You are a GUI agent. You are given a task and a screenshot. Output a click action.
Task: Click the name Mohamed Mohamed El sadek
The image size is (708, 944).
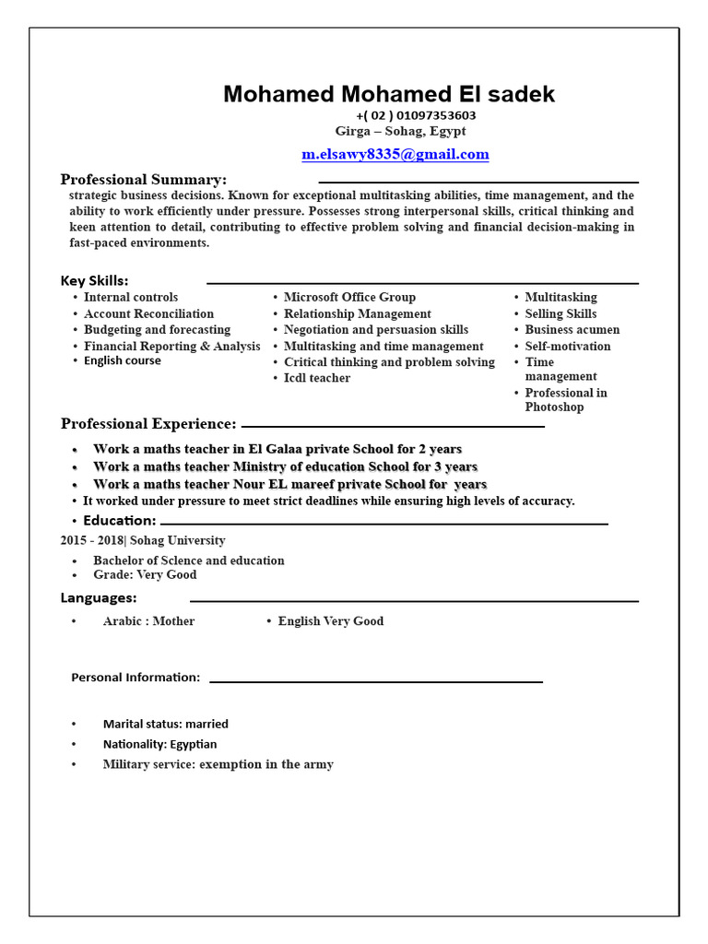[389, 94]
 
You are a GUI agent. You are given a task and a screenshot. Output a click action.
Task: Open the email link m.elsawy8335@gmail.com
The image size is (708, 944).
[395, 154]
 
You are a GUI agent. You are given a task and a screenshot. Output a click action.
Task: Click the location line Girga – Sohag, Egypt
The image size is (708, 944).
[400, 131]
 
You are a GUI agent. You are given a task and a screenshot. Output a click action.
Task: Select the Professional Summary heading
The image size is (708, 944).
[144, 179]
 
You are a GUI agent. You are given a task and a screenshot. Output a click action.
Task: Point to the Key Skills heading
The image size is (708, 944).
[95, 280]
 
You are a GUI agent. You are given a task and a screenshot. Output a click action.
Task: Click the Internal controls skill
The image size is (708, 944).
[131, 297]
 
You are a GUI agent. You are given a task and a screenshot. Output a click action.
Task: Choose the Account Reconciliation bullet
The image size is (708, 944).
[148, 313]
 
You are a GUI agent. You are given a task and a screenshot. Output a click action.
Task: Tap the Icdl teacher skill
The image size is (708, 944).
[316, 378]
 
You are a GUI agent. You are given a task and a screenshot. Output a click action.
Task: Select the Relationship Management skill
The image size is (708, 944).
[357, 313]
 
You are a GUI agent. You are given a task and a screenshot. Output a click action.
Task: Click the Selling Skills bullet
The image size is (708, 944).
[560, 313]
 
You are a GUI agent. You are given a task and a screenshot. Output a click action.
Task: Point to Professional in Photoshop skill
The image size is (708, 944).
[565, 399]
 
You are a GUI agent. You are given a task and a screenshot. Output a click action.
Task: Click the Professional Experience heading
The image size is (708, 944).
[148, 424]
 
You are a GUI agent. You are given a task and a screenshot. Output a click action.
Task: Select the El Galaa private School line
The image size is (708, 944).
[277, 449]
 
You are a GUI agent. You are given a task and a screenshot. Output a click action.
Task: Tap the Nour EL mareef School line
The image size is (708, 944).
[289, 484]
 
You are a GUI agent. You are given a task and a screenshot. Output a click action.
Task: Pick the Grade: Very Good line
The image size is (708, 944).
[145, 574]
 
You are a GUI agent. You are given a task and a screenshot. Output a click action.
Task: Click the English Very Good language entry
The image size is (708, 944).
[330, 621]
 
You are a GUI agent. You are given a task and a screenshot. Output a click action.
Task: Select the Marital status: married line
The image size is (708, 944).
[166, 724]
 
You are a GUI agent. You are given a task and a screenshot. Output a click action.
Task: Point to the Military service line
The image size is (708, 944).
[218, 764]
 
